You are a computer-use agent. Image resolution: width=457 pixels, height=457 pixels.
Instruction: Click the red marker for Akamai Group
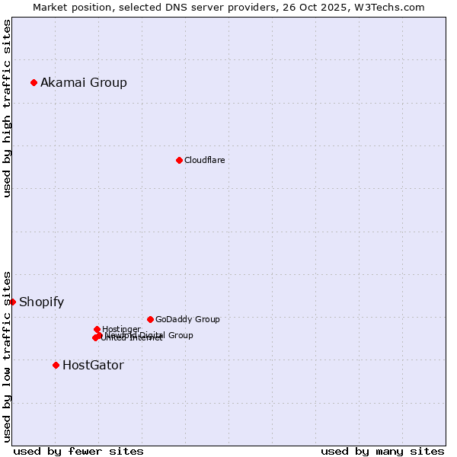click(x=34, y=82)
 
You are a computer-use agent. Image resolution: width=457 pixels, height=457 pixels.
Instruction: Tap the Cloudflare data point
click(x=179, y=160)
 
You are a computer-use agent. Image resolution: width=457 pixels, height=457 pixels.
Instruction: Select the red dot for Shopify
click(x=12, y=302)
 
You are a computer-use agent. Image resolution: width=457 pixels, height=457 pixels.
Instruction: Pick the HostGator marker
click(x=56, y=365)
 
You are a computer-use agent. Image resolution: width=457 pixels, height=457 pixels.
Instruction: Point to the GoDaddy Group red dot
click(x=150, y=319)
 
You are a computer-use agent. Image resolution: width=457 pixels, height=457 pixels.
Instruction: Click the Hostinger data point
click(x=97, y=329)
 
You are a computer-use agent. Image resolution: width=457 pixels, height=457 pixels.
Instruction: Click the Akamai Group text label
click(x=84, y=82)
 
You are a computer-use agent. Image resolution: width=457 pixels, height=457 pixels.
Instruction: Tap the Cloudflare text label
click(x=204, y=160)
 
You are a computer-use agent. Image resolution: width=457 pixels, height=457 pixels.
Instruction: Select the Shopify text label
click(x=41, y=302)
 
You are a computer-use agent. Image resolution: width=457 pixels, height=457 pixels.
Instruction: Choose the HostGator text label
click(x=93, y=365)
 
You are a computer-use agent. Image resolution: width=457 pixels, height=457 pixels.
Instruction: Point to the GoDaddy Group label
click(x=187, y=319)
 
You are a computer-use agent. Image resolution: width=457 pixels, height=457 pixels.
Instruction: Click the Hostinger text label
click(x=121, y=329)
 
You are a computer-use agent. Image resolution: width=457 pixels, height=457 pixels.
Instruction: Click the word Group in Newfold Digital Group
click(x=181, y=335)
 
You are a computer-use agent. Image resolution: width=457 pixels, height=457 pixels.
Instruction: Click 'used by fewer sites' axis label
click(x=78, y=451)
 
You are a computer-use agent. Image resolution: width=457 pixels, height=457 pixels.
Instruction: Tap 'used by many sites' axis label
click(x=382, y=451)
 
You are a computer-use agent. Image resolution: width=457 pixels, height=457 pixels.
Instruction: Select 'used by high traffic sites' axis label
click(x=7, y=108)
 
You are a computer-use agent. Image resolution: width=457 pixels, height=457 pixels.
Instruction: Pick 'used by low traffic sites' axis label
click(x=7, y=356)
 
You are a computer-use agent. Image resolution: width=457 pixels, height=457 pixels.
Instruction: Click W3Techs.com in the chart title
click(x=391, y=7)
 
